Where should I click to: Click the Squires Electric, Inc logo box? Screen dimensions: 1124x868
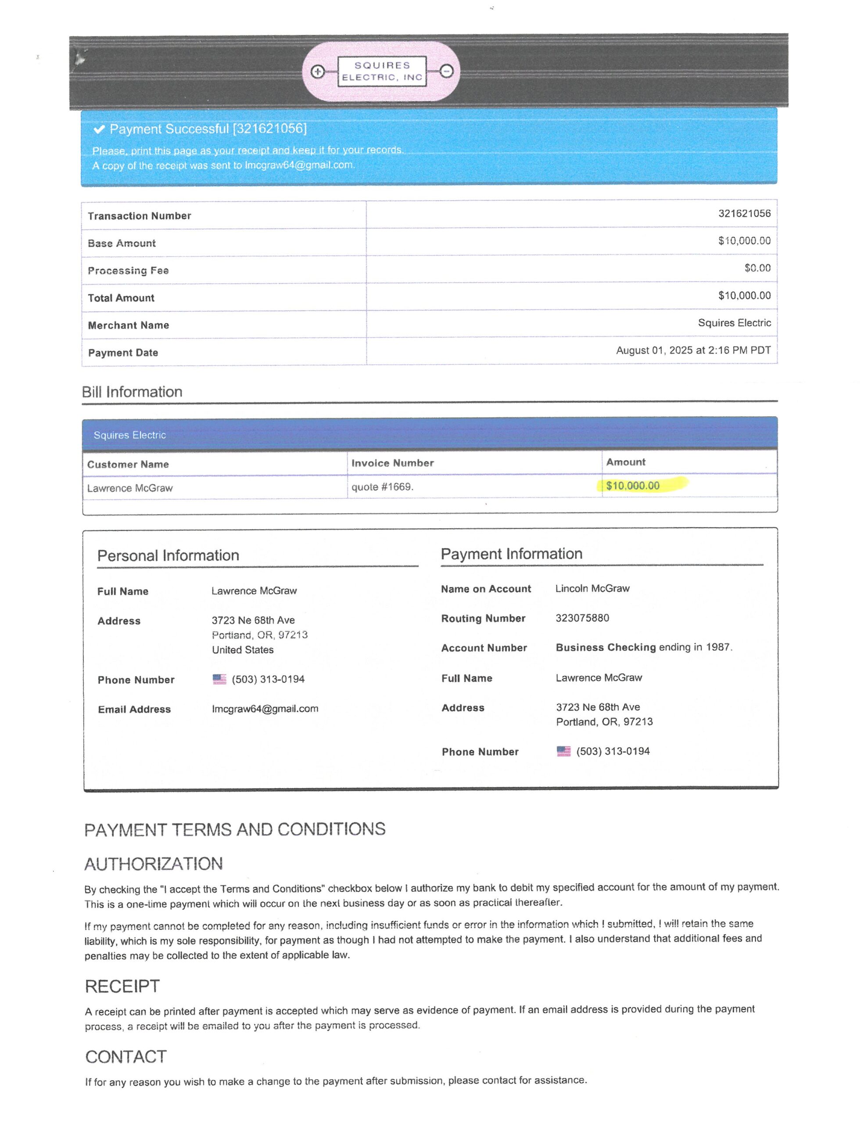(x=382, y=72)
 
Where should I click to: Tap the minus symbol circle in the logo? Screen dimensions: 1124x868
(x=447, y=71)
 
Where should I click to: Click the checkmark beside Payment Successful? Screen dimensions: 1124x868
(x=99, y=129)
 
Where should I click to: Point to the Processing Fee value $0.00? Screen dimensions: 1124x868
(x=757, y=268)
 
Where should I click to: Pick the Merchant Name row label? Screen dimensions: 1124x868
(x=128, y=325)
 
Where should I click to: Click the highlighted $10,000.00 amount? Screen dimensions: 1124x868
(x=632, y=486)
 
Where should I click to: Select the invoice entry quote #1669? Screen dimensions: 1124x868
(x=382, y=487)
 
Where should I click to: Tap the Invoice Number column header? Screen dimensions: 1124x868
(x=393, y=463)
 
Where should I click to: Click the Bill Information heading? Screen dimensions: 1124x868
(x=132, y=392)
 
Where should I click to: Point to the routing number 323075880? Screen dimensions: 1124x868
(x=582, y=618)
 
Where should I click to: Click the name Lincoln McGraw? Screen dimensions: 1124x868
(x=592, y=588)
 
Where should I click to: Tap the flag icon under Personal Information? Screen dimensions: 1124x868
(x=219, y=679)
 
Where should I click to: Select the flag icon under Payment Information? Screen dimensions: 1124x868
(x=563, y=751)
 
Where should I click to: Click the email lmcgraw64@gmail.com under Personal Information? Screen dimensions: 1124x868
(x=265, y=709)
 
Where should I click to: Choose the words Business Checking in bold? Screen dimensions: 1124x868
(x=606, y=648)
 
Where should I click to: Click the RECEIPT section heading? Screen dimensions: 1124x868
(x=122, y=986)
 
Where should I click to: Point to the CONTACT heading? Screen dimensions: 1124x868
(x=126, y=1056)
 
